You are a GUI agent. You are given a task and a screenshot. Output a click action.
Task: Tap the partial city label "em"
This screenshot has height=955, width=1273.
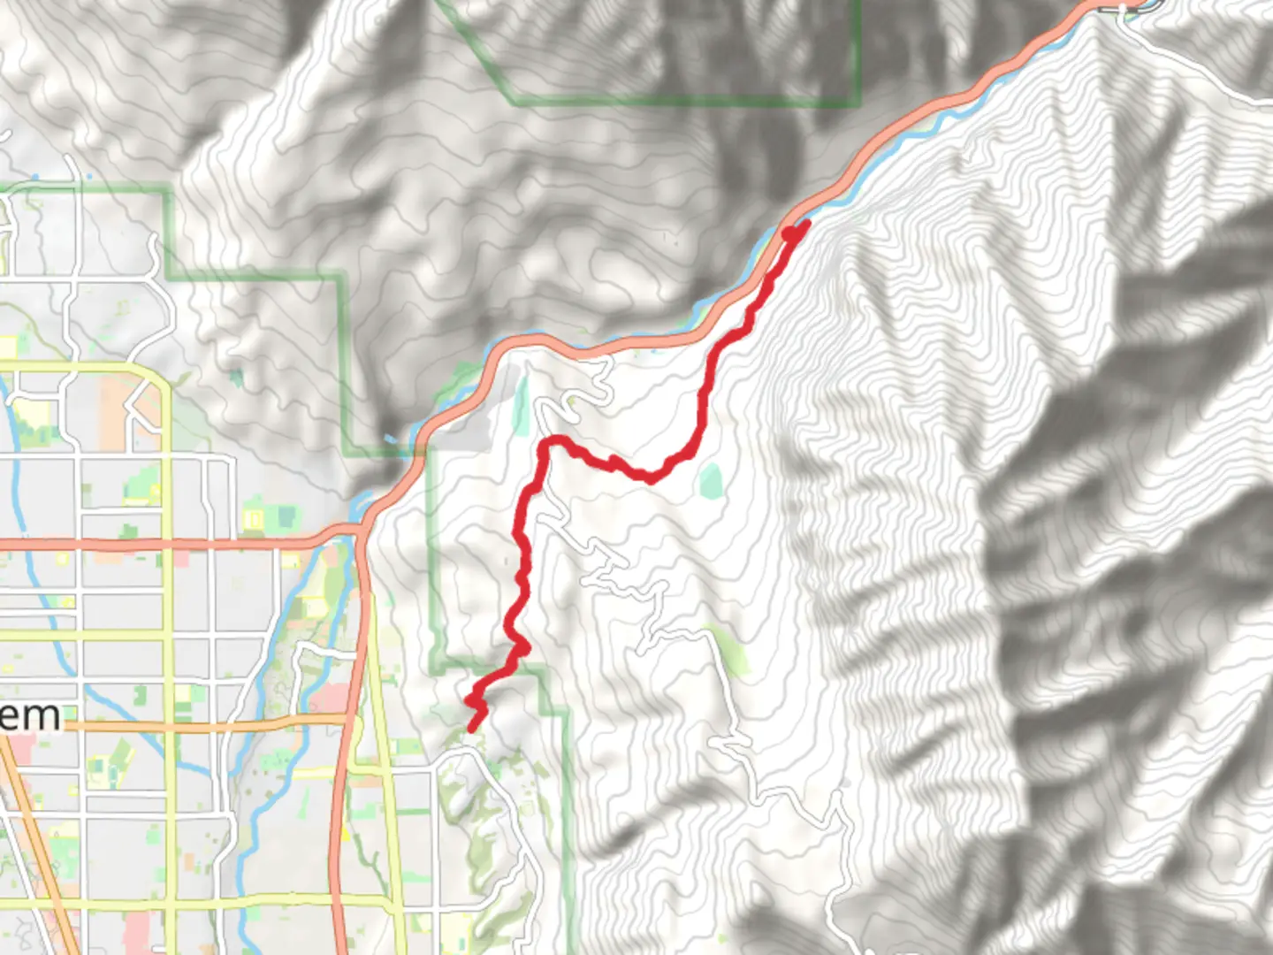click(32, 715)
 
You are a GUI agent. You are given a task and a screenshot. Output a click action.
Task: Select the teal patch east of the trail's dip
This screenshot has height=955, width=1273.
click(710, 480)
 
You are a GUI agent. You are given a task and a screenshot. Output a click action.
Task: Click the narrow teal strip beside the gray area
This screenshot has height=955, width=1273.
click(522, 404)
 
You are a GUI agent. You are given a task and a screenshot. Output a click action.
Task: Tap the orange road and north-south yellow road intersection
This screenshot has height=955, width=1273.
click(168, 727)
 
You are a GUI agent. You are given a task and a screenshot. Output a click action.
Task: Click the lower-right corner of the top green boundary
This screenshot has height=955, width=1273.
click(858, 103)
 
